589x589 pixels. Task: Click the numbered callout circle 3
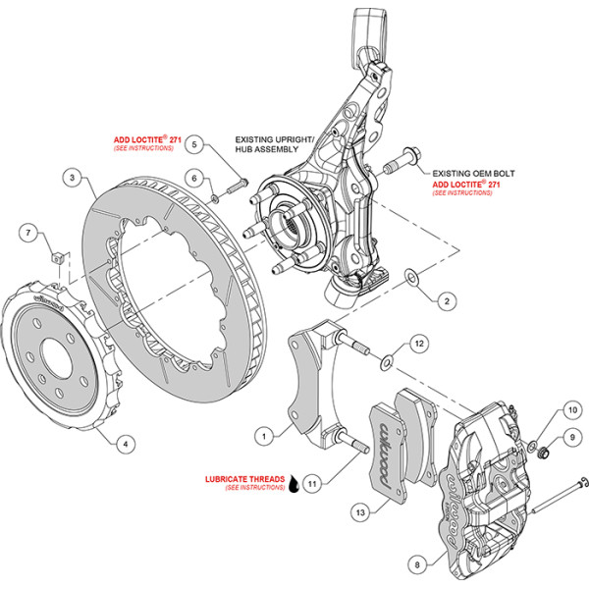73,177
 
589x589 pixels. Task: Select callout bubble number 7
28,233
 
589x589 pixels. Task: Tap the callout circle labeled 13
360,512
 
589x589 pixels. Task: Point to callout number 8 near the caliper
418,564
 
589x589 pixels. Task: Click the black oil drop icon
294,484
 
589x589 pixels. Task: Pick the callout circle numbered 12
419,344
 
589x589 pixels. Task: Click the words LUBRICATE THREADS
244,479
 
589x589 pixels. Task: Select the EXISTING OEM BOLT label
473,174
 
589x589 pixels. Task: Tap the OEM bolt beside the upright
402,161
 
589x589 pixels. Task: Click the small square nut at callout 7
56,258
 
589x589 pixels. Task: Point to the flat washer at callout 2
412,277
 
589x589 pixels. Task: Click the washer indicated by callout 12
387,362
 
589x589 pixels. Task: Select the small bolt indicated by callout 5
237,187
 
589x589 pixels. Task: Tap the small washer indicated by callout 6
215,198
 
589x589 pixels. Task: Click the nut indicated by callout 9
544,453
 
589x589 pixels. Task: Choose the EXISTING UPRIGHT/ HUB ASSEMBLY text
274,144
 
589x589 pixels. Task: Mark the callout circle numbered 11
312,483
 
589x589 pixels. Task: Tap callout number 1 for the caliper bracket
264,437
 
